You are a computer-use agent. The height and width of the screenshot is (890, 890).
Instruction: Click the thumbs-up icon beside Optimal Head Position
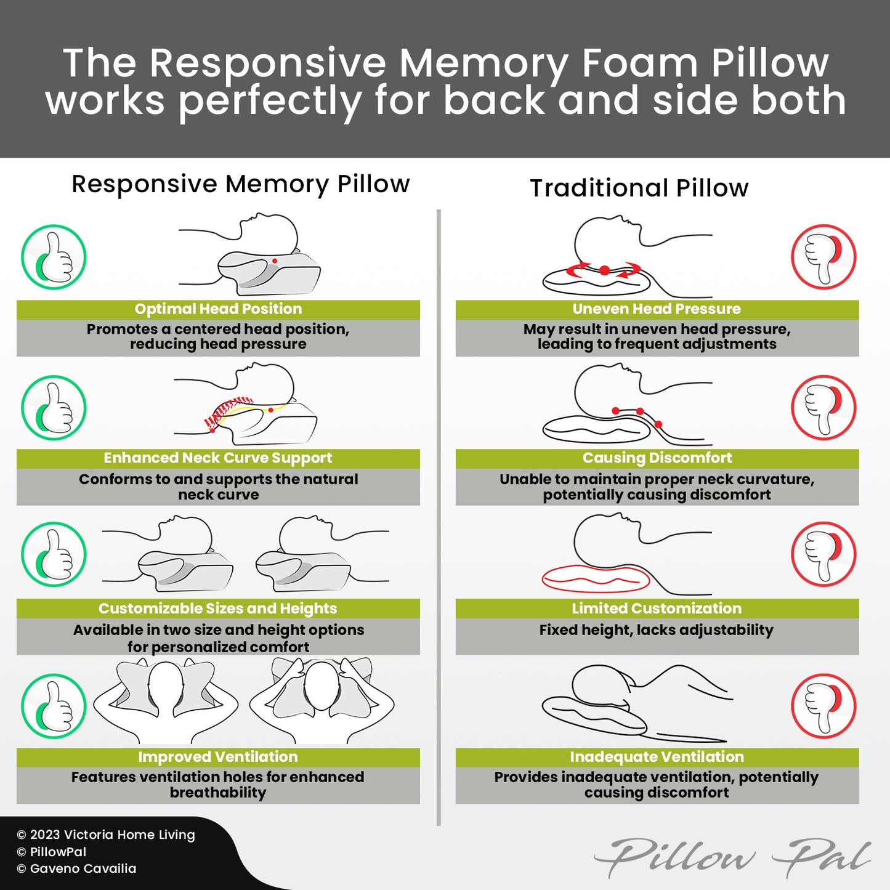[x=54, y=257]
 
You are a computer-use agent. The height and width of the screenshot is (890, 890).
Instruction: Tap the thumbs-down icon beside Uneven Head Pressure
[x=823, y=257]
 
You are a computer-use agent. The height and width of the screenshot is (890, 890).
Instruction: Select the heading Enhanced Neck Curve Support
[x=218, y=458]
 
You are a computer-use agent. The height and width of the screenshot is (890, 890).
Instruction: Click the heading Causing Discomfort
[x=657, y=458]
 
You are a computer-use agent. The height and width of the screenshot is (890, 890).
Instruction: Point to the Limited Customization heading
[x=657, y=609]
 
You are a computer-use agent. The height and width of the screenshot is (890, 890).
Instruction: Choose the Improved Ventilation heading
[x=218, y=757]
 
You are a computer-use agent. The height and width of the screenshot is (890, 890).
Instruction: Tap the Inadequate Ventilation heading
[x=657, y=757]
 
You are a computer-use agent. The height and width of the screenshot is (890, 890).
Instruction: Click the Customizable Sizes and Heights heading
[x=218, y=609]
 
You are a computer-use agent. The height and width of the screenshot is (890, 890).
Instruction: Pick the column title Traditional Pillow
[x=639, y=188]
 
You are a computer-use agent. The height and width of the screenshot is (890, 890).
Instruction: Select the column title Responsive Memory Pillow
[x=240, y=184]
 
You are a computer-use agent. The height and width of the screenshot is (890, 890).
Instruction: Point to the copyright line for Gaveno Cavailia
[x=77, y=868]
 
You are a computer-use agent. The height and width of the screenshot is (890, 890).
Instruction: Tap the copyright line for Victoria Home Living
[x=106, y=835]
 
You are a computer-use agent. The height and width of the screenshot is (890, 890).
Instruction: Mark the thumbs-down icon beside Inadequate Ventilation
[x=823, y=706]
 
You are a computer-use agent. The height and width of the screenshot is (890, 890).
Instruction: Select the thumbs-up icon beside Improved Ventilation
[x=54, y=706]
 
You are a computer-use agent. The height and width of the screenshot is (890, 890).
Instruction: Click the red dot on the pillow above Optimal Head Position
[x=275, y=261]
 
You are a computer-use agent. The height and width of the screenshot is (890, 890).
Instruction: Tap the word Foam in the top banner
[x=640, y=63]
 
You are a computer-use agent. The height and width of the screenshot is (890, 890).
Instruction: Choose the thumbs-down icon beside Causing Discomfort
[x=823, y=408]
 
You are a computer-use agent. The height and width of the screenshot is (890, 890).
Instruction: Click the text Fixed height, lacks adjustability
[x=657, y=630]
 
